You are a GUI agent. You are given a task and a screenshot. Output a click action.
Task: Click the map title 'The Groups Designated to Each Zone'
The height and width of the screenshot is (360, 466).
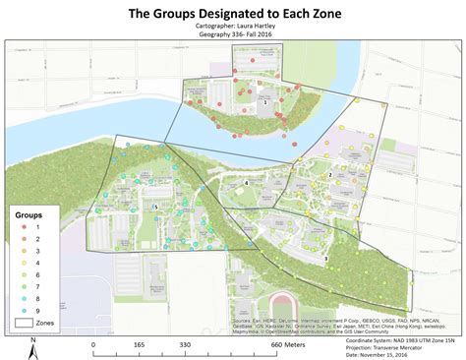click(x=232, y=13)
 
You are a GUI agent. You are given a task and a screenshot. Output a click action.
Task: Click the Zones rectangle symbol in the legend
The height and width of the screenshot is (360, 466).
click(x=25, y=322)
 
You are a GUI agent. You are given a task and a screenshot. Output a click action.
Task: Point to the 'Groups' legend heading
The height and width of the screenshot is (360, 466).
click(x=27, y=212)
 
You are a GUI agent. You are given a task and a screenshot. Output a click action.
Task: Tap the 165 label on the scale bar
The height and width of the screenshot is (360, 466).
click(x=140, y=345)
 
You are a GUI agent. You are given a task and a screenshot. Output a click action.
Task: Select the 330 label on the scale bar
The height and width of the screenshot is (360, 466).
click(x=185, y=345)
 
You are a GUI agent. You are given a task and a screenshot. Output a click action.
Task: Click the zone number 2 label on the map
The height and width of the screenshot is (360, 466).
click(x=330, y=175)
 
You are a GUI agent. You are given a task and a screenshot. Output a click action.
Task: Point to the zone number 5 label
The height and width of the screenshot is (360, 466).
click(x=155, y=207)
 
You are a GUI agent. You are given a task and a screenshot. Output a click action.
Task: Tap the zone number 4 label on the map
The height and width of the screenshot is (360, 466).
click(x=246, y=183)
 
